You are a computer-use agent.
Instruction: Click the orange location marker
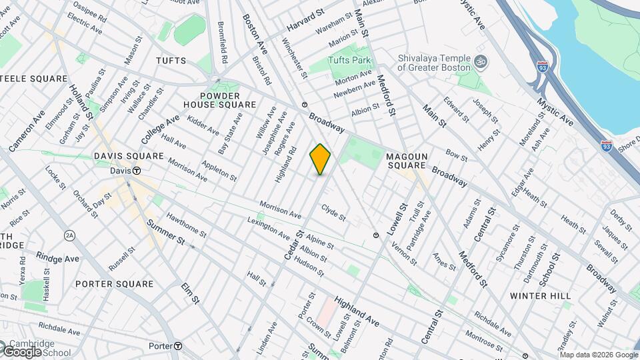(x=320, y=159)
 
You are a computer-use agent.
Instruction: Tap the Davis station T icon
(x=136, y=171)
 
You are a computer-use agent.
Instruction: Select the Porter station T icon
(x=179, y=346)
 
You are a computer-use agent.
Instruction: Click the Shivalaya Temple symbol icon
(x=483, y=63)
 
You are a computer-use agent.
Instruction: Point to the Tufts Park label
(x=349, y=60)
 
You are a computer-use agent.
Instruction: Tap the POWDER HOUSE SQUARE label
(x=219, y=100)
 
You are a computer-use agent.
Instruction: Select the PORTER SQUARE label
(x=114, y=284)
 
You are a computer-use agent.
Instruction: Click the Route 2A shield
(x=69, y=235)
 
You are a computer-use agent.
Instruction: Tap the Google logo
(x=22, y=352)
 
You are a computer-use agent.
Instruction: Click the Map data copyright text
(x=597, y=355)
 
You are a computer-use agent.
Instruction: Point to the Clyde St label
(x=333, y=213)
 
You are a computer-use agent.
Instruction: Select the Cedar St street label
(x=294, y=245)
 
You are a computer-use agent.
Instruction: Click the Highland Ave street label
(x=357, y=312)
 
